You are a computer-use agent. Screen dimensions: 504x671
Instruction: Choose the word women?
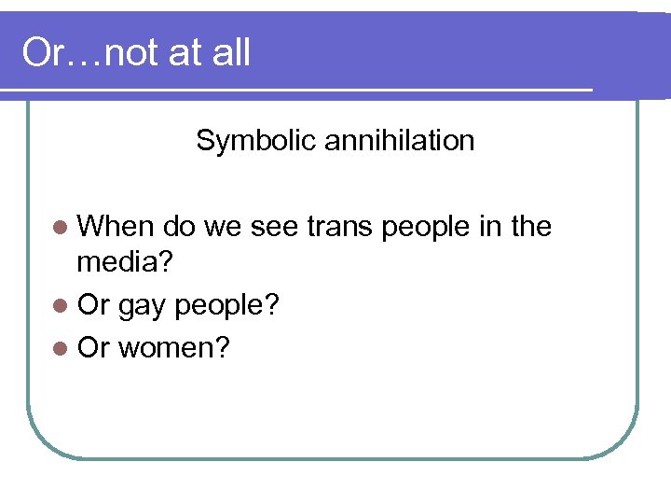[174, 347]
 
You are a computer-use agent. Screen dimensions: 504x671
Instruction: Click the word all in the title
[230, 53]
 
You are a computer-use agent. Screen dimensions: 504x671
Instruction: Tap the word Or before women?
[93, 347]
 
